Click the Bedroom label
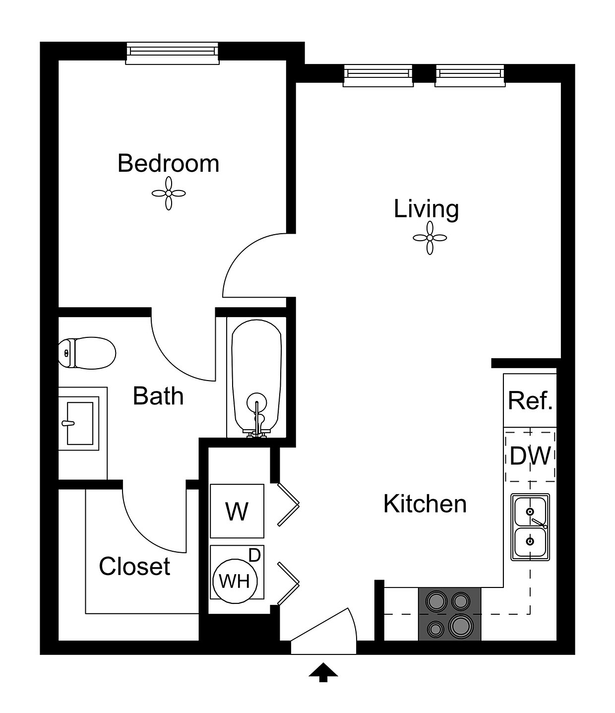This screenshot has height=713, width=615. (168, 163)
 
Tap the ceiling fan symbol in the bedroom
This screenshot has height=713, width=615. (169, 194)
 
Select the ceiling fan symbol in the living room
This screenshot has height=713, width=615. (430, 238)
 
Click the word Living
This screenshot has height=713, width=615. (426, 209)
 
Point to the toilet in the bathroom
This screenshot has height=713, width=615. (87, 353)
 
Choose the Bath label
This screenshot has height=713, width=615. (158, 396)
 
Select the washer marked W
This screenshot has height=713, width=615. (237, 511)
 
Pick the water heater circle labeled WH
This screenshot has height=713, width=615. (235, 581)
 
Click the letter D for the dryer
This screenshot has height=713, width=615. (255, 556)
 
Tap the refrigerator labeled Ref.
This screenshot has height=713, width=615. (530, 400)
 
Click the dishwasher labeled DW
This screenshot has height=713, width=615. (530, 456)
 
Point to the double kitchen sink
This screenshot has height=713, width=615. (530, 527)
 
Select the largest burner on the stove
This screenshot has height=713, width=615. (461, 625)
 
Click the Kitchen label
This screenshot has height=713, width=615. (425, 504)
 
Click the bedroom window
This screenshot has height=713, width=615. (173, 53)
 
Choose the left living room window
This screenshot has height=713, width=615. (378, 75)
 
